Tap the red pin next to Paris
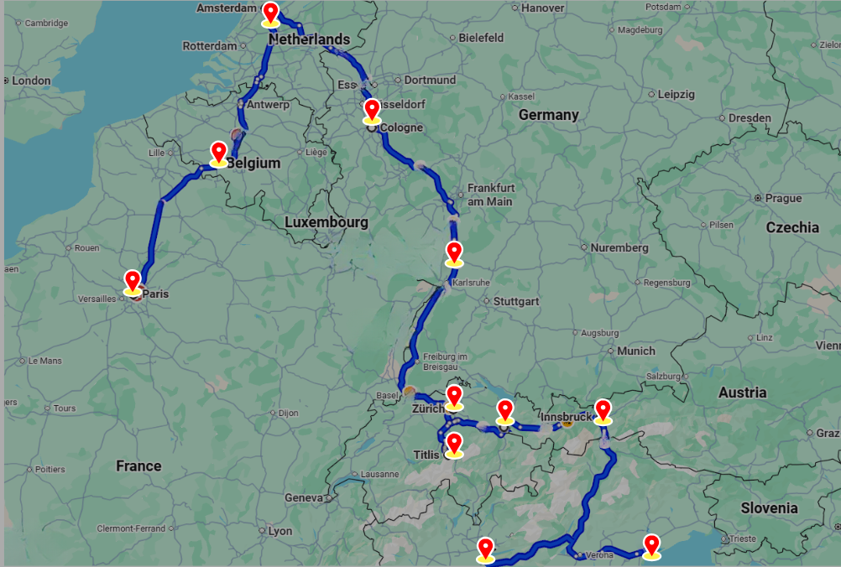[132, 281]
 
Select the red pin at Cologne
[372, 110]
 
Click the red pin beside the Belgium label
[218, 153]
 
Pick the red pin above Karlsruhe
[454, 252]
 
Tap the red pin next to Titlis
[454, 444]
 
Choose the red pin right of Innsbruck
[603, 410]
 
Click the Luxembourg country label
[326, 223]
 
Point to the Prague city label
[783, 199]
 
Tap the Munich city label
[636, 351]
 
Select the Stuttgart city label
[516, 301]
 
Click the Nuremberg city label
[619, 248]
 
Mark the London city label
[31, 81]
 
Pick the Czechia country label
[792, 227]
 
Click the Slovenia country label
[769, 508]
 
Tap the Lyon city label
[279, 531]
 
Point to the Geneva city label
[303, 497]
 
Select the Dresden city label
[750, 118]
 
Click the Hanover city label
[542, 8]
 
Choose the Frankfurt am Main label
[490, 195]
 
